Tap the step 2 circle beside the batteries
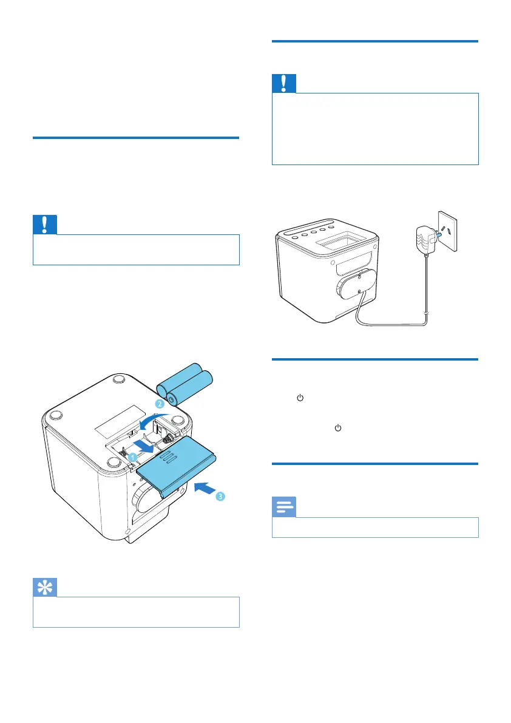click(x=160, y=404)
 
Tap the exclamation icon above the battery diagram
click(x=45, y=225)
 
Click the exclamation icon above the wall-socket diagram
click(x=284, y=83)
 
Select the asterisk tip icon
click(x=45, y=588)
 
